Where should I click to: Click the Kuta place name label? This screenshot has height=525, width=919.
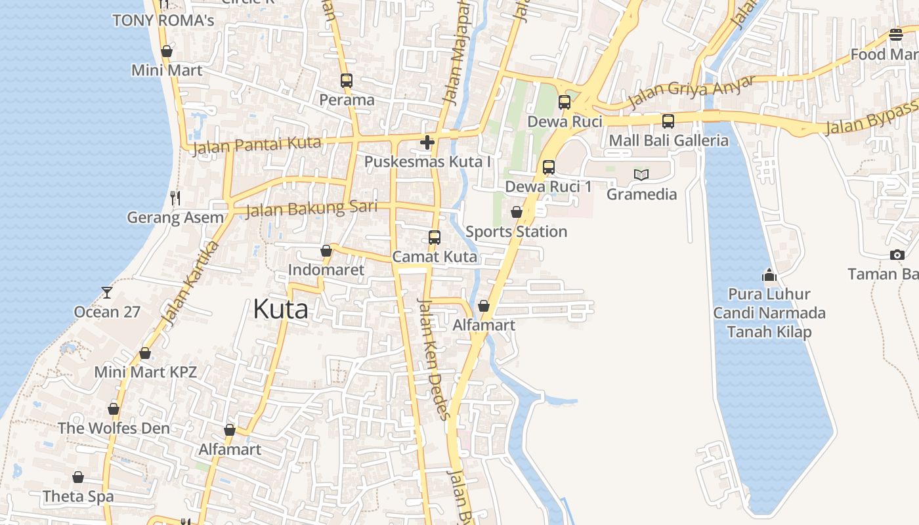click(x=280, y=308)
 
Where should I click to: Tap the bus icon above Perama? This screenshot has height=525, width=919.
click(x=347, y=81)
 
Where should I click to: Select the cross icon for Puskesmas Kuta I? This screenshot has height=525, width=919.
click(x=427, y=142)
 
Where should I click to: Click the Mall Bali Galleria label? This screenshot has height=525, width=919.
click(x=668, y=140)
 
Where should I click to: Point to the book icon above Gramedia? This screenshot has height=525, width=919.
click(x=641, y=175)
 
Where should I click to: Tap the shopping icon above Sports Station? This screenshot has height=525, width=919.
click(x=517, y=212)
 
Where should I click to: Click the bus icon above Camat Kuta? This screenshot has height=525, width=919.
click(x=435, y=237)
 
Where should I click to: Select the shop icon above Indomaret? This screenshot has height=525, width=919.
click(x=326, y=251)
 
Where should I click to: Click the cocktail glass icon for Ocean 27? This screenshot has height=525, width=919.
click(x=107, y=292)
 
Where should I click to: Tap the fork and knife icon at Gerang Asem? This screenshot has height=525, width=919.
click(x=175, y=197)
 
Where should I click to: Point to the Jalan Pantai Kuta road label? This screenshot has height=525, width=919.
click(x=256, y=145)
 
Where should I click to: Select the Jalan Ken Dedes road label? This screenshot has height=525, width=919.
click(x=435, y=359)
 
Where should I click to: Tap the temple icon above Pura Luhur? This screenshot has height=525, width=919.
click(x=769, y=274)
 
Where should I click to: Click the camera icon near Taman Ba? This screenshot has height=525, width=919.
click(x=897, y=255)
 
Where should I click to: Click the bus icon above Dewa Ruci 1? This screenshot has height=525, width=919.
click(x=549, y=167)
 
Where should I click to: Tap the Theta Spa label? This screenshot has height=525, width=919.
click(x=78, y=497)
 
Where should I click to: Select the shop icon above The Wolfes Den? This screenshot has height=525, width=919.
click(x=114, y=409)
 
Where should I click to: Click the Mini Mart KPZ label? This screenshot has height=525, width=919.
click(x=145, y=372)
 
